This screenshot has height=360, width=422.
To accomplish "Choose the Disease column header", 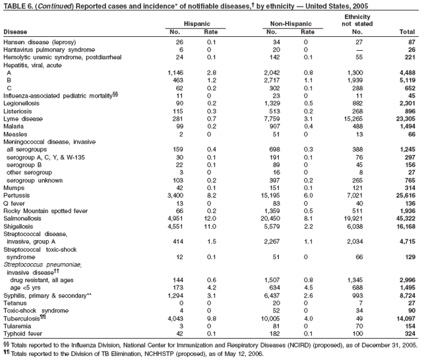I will click(16, 31).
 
